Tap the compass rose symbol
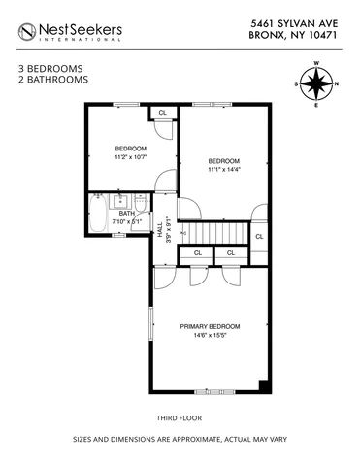(x=316, y=84)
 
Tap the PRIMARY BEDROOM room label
(x=209, y=326)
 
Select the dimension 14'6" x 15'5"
(x=209, y=336)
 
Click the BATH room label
(x=126, y=213)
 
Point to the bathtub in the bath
(x=99, y=215)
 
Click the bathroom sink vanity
(x=121, y=201)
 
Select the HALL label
(x=160, y=230)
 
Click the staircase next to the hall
(x=213, y=233)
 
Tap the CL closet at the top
(x=162, y=113)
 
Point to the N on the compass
(x=337, y=84)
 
